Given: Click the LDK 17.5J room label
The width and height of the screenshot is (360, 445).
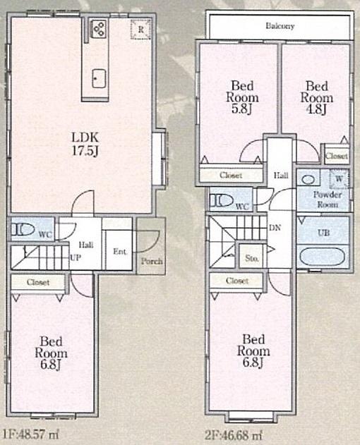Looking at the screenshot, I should click(x=82, y=142).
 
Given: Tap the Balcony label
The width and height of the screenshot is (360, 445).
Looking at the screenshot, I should click(x=280, y=26).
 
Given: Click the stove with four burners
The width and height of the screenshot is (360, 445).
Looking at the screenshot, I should click(x=98, y=29).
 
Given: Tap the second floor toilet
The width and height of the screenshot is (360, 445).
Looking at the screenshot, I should click(x=222, y=200).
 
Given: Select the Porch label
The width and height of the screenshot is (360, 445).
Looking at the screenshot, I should click(x=151, y=261).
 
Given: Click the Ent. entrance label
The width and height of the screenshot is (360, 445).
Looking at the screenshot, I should click(x=119, y=251).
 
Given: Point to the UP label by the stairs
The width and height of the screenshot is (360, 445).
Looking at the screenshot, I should click(x=74, y=258).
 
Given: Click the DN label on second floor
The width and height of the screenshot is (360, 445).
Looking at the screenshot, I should click(x=275, y=227).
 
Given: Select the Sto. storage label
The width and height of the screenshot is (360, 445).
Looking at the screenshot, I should click(x=251, y=259).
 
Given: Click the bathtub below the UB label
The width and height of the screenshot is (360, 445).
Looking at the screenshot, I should click(x=323, y=256).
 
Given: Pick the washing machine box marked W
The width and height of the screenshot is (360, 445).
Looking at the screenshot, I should click(x=339, y=180).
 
